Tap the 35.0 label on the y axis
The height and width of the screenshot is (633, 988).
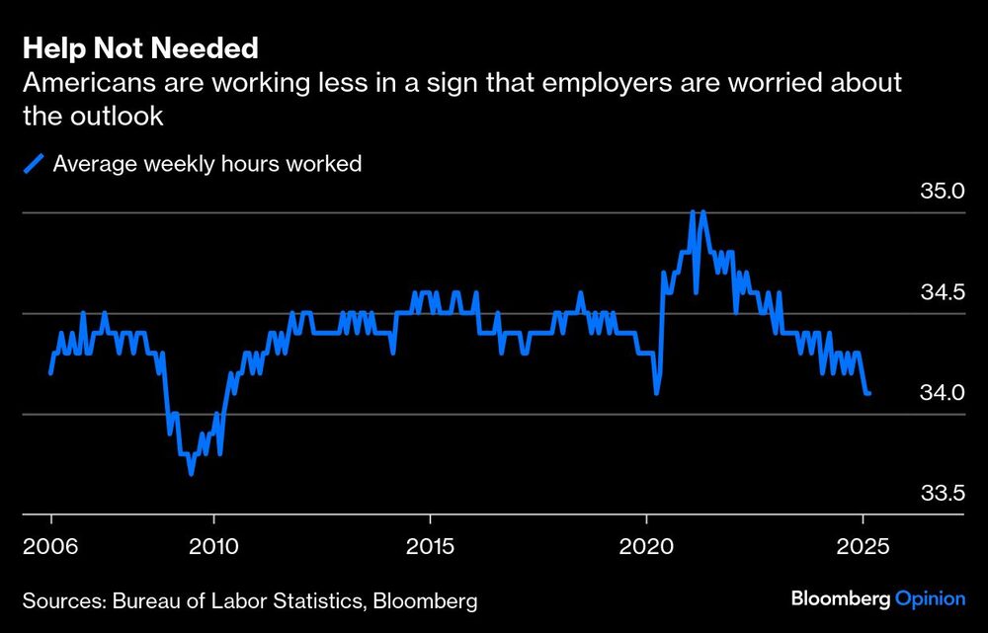click(942, 191)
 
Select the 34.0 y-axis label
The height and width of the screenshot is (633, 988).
click(942, 392)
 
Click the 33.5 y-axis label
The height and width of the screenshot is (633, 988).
click(942, 493)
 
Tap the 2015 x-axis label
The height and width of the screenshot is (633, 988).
click(430, 545)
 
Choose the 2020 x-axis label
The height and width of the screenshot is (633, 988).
click(646, 545)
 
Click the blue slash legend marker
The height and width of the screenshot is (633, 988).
click(35, 164)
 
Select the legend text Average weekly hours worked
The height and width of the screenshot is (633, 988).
click(207, 164)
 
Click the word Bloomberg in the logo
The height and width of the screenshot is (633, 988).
click(841, 599)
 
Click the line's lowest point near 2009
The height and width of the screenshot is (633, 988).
click(191, 474)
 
